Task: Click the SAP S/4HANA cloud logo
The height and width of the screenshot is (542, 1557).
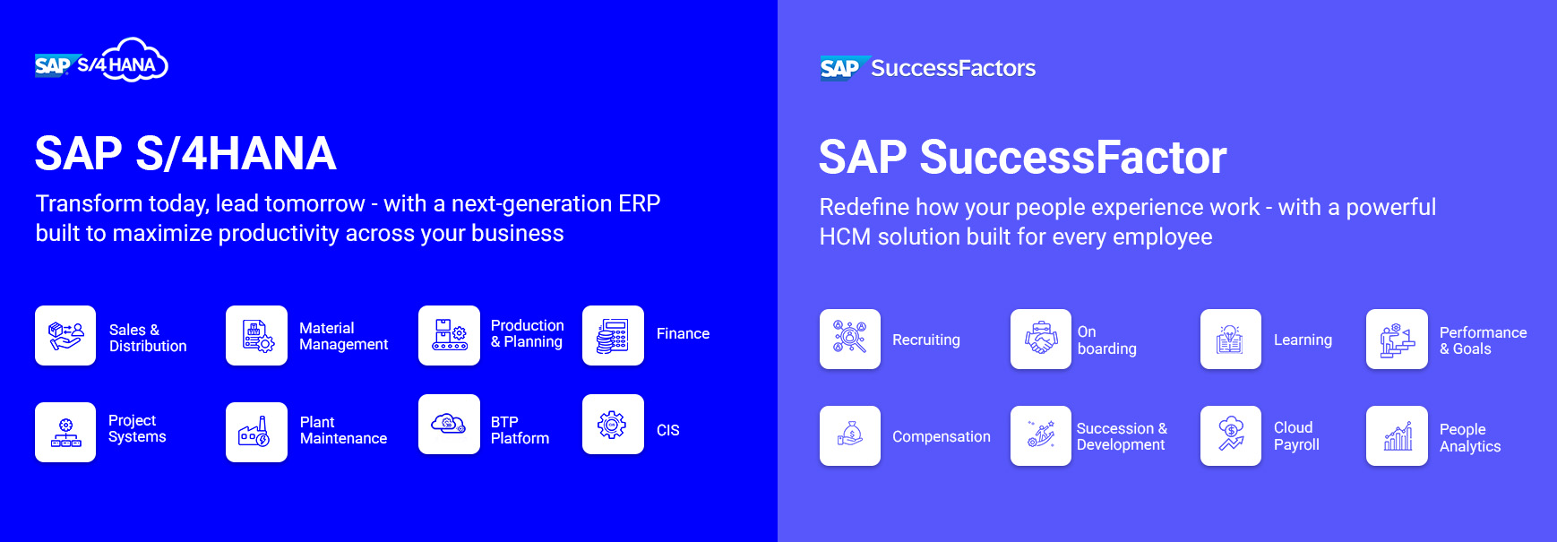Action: tap(101, 62)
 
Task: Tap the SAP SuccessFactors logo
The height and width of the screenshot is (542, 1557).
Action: tap(927, 68)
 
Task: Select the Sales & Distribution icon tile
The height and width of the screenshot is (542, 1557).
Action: tap(65, 336)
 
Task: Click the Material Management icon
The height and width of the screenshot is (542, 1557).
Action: tap(256, 336)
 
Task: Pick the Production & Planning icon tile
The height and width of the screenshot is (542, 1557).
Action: tap(449, 336)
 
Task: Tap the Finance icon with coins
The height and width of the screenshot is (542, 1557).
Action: tap(613, 336)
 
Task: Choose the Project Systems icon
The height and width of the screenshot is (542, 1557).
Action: tap(65, 432)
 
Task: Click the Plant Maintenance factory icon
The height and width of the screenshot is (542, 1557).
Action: tap(256, 432)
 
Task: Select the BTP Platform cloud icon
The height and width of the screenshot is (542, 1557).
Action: tap(449, 425)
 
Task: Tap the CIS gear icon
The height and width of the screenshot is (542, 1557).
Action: tap(613, 425)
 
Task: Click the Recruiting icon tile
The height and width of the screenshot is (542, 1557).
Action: tap(850, 339)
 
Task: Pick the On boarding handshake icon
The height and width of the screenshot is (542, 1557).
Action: tap(1041, 339)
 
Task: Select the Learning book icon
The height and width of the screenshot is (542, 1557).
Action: tap(1231, 339)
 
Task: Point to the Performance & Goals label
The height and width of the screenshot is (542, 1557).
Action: tap(1483, 340)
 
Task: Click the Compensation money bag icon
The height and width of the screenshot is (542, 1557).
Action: tap(850, 435)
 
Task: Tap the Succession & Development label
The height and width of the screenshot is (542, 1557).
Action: tap(1122, 436)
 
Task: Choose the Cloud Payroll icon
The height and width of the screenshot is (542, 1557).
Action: tap(1231, 435)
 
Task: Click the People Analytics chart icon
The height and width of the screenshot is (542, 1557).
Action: tap(1397, 435)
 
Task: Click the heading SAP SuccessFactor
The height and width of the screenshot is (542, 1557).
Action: tap(1022, 158)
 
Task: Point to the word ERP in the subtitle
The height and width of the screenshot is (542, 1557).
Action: tap(639, 203)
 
